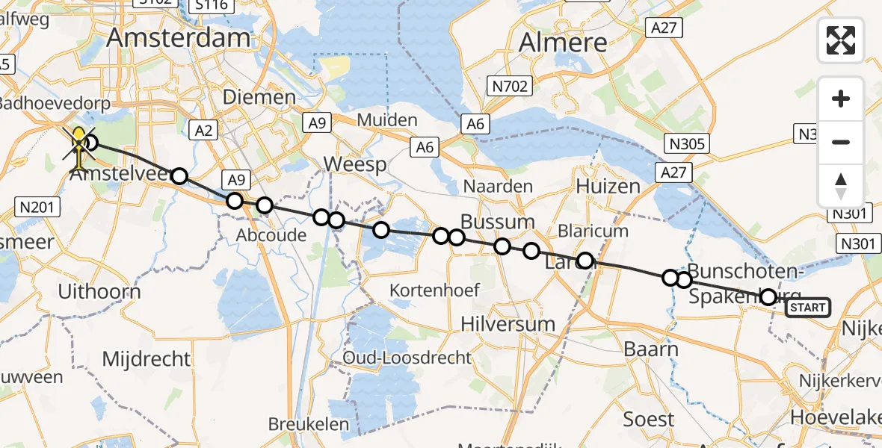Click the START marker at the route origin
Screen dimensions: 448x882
click(x=807, y=308)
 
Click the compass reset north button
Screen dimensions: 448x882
click(x=841, y=185)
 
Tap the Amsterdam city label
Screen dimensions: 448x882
click(x=179, y=39)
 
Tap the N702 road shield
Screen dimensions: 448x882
click(x=511, y=87)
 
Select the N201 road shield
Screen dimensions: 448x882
click(x=37, y=206)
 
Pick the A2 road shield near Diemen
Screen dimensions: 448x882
click(x=203, y=131)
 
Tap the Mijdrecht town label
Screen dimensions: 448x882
click(x=147, y=359)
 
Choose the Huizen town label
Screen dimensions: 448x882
click(x=608, y=186)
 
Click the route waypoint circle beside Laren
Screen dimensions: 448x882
click(x=585, y=261)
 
